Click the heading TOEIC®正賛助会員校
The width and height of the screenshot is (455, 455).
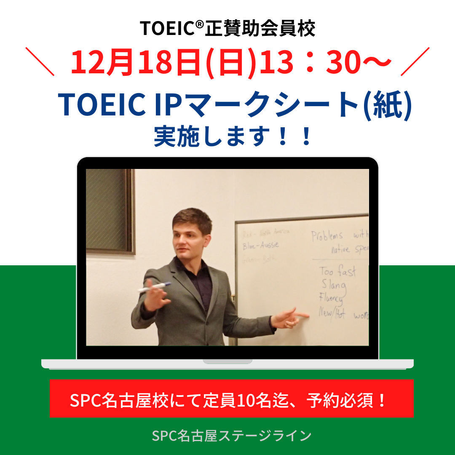coord(227,28)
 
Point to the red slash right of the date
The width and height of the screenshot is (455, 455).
coord(415,62)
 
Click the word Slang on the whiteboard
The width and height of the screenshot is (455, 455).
coord(334,286)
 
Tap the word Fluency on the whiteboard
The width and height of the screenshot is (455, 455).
coord(331,300)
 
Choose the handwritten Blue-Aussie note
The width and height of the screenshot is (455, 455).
coord(261,246)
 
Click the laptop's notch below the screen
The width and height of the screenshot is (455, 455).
coord(227,361)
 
